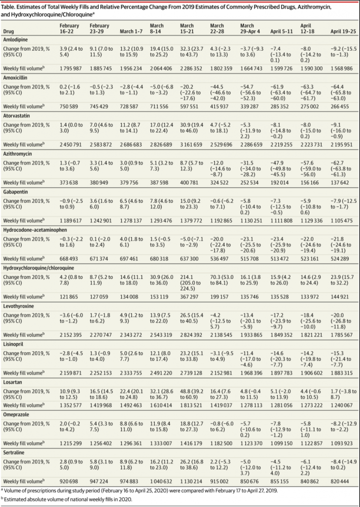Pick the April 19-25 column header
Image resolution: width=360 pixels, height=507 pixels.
click(342, 31)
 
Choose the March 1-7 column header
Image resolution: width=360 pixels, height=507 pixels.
click(131, 31)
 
